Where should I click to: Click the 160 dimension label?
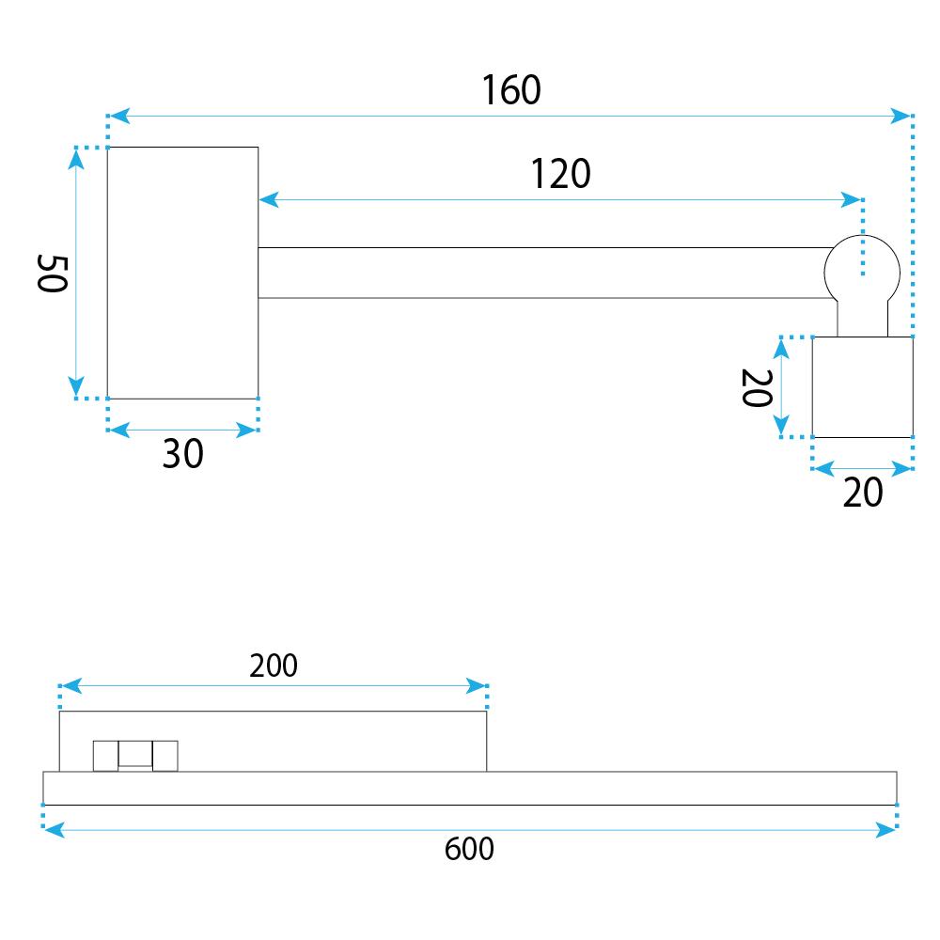(x=511, y=90)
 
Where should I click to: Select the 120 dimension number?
(x=560, y=174)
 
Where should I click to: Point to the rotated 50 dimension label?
(x=52, y=274)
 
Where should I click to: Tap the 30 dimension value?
(x=183, y=453)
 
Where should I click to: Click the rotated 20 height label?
(x=757, y=388)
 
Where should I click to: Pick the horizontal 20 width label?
(x=863, y=493)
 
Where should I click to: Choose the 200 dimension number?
(x=274, y=666)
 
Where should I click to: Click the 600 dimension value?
(x=469, y=849)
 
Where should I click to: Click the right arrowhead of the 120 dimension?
(x=852, y=199)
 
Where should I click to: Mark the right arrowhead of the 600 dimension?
(x=885, y=830)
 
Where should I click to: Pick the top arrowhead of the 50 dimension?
(x=76, y=160)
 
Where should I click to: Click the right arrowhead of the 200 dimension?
(x=476, y=686)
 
